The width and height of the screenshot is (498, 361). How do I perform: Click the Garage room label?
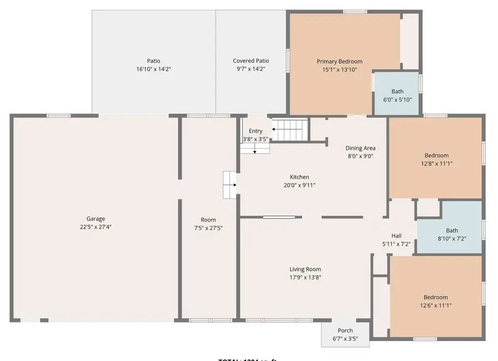coord(95,219)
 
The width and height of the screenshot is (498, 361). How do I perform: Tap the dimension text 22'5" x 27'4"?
coord(95,227)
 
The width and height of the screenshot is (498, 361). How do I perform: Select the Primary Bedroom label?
coord(339,61)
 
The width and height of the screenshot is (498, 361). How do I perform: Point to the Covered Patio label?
coord(251,61)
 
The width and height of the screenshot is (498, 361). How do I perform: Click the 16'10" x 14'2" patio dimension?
coord(153,69)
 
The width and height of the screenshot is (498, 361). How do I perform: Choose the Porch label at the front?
coord(345,331)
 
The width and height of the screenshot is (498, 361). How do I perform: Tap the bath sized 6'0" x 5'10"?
coord(397,95)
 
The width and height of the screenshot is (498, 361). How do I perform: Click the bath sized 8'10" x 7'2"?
coord(452,234)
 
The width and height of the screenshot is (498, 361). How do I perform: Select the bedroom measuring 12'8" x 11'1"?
coord(436,159)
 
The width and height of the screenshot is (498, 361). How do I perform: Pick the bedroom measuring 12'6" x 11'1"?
coord(435,301)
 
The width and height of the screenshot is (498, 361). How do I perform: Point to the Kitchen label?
coord(299,177)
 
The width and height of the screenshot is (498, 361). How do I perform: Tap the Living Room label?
coord(305,270)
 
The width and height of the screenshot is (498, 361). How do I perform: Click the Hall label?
coord(396,236)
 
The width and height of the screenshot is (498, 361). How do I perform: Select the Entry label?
coord(256,131)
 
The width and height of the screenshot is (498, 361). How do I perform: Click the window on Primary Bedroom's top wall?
coord(355,11)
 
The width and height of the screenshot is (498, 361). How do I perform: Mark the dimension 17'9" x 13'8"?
coord(305,278)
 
